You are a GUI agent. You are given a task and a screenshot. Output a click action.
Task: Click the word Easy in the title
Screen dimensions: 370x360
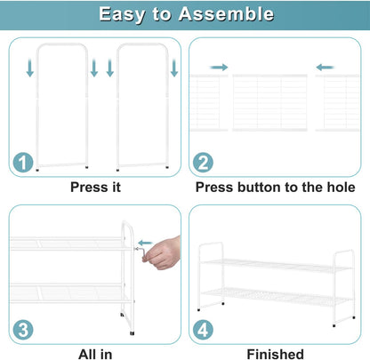tap(122, 14)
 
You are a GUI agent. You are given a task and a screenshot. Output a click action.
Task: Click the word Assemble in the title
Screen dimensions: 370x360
tap(226, 13)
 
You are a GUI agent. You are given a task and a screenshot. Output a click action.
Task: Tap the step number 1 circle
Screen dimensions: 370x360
tap(23, 162)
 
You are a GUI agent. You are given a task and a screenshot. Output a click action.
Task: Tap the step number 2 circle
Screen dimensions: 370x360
tap(203, 162)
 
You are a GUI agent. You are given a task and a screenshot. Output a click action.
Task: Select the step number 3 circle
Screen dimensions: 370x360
tap(23, 330)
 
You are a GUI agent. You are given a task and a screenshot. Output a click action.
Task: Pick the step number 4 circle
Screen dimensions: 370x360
tap(203, 330)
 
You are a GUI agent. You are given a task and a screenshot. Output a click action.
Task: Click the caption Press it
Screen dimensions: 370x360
tap(95, 188)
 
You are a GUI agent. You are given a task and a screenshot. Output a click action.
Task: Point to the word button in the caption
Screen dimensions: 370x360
tap(259, 187)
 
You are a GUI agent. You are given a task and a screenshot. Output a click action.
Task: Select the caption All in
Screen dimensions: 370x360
tap(95, 354)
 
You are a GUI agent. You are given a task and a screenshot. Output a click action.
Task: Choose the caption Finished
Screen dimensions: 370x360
tap(276, 354)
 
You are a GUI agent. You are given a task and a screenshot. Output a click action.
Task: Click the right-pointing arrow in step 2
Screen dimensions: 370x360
tap(219, 68)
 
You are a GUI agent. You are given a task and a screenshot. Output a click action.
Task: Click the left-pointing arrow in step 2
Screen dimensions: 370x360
tap(325, 68)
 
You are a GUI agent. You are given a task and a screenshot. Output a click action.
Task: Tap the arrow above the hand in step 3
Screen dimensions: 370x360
tap(145, 243)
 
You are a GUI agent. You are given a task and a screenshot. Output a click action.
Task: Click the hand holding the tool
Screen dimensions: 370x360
tap(162, 253)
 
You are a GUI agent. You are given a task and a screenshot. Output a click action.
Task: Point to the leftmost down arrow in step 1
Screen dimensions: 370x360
tap(29, 68)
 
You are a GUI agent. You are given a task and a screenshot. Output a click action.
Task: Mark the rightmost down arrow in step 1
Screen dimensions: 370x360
tap(174, 68)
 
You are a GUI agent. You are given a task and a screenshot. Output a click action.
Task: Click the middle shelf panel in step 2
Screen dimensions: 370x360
tap(269, 102)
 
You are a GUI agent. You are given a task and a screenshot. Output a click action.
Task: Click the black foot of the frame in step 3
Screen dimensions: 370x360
tap(132, 333)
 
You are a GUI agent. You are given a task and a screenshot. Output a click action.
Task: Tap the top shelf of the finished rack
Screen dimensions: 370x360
tap(277, 266)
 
